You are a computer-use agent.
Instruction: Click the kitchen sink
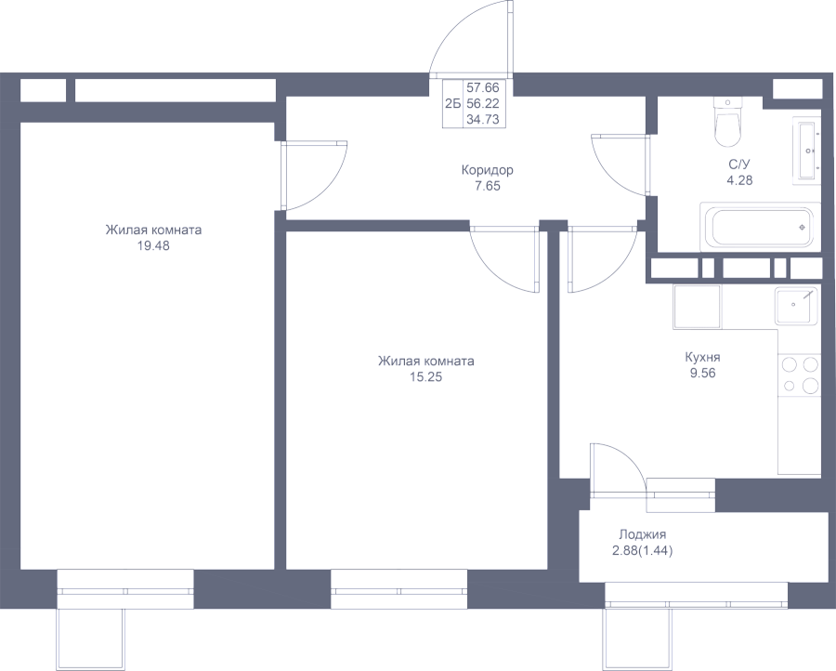click(797, 305)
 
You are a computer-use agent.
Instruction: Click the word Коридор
click(488, 171)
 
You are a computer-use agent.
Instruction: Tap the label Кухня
click(702, 357)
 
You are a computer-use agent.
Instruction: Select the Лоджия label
click(642, 535)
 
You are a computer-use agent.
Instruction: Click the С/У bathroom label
click(739, 165)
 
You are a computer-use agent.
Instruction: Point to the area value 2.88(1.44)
click(642, 551)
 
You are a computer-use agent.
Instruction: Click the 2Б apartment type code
click(452, 104)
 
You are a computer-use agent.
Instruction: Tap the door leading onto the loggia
click(615, 465)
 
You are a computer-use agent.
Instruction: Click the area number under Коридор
click(488, 186)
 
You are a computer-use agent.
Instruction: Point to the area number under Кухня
click(702, 372)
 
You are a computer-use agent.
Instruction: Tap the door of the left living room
click(314, 175)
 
